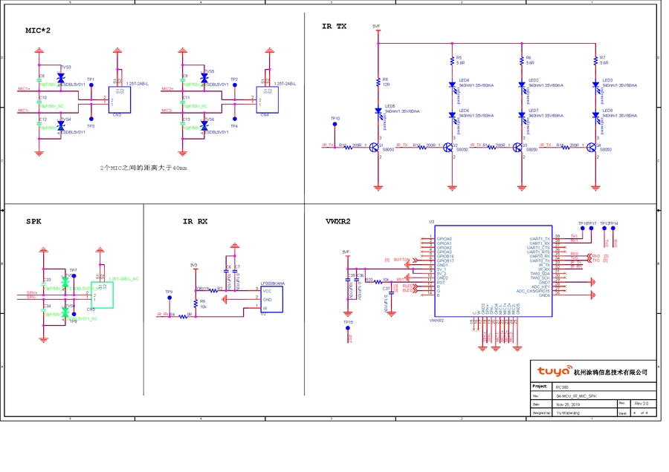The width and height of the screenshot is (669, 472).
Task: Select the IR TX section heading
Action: tap(334, 26)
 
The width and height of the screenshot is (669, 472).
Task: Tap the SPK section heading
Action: tap(33, 221)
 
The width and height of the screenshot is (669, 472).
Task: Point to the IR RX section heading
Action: tap(195, 221)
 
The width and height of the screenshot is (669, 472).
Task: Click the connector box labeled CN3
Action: tap(120, 99)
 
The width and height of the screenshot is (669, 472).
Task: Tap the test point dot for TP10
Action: tap(336, 128)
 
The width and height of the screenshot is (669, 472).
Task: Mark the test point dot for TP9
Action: tap(170, 298)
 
